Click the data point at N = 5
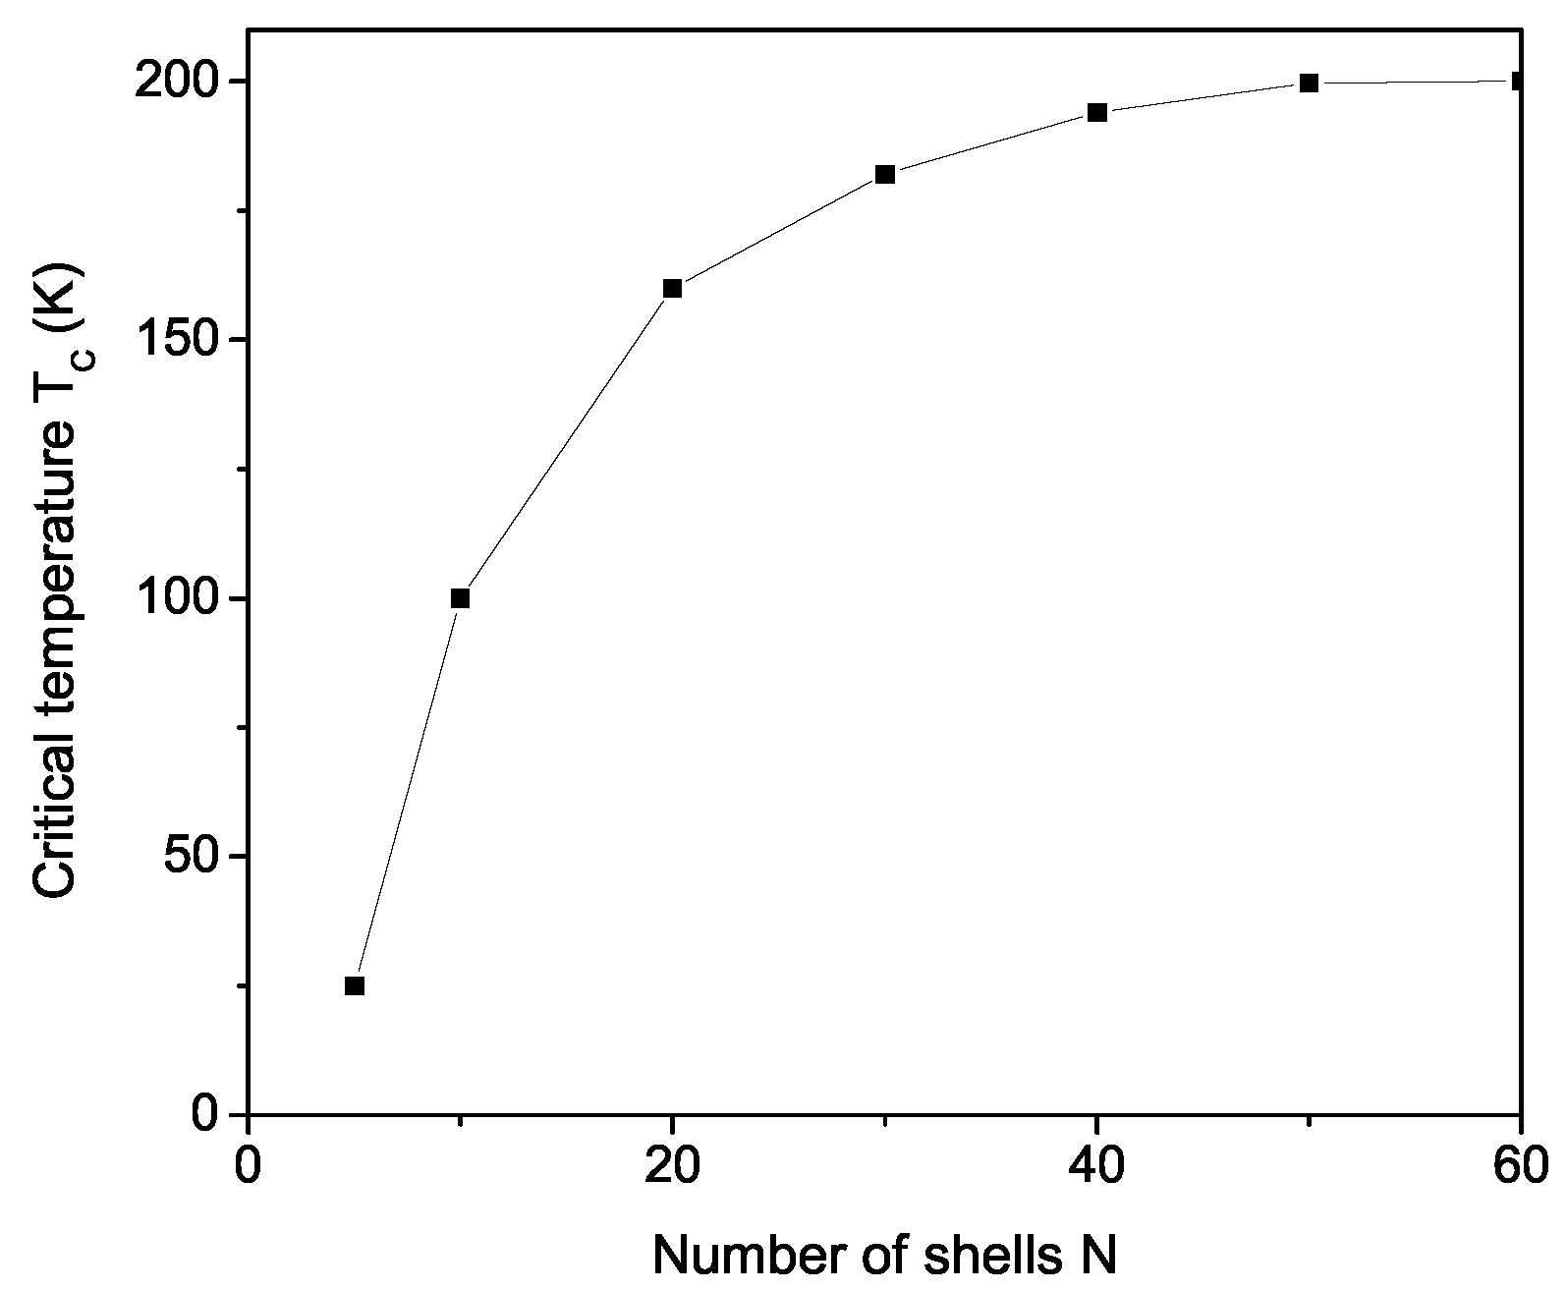coord(355,985)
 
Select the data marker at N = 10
coord(460,598)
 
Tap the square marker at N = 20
coord(672,288)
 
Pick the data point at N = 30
coord(884,175)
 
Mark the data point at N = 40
coord(1097,112)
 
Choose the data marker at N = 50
coord(1309,83)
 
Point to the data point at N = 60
coord(1519,81)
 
